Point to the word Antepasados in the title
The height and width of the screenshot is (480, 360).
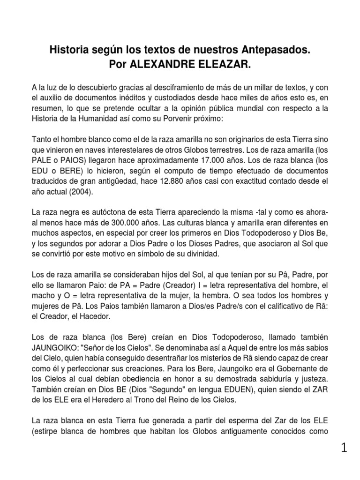point(271,49)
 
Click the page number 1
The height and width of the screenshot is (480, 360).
point(345,448)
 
